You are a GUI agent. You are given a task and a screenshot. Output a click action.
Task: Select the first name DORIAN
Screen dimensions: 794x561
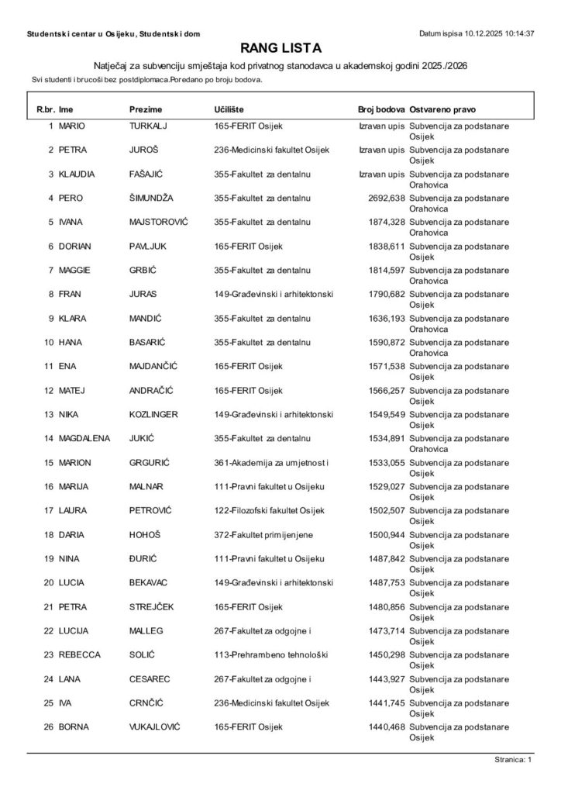pos(75,247)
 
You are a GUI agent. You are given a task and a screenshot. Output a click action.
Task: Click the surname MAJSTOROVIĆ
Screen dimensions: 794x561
pos(159,222)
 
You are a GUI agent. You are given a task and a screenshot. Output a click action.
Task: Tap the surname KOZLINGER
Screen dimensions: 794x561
pos(153,415)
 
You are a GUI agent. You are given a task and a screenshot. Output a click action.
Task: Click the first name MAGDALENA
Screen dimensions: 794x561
pos(84,439)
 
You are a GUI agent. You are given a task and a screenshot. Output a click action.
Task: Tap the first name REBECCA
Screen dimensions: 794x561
pos(80,655)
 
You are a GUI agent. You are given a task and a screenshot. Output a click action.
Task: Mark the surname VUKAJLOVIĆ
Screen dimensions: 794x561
pos(157,727)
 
